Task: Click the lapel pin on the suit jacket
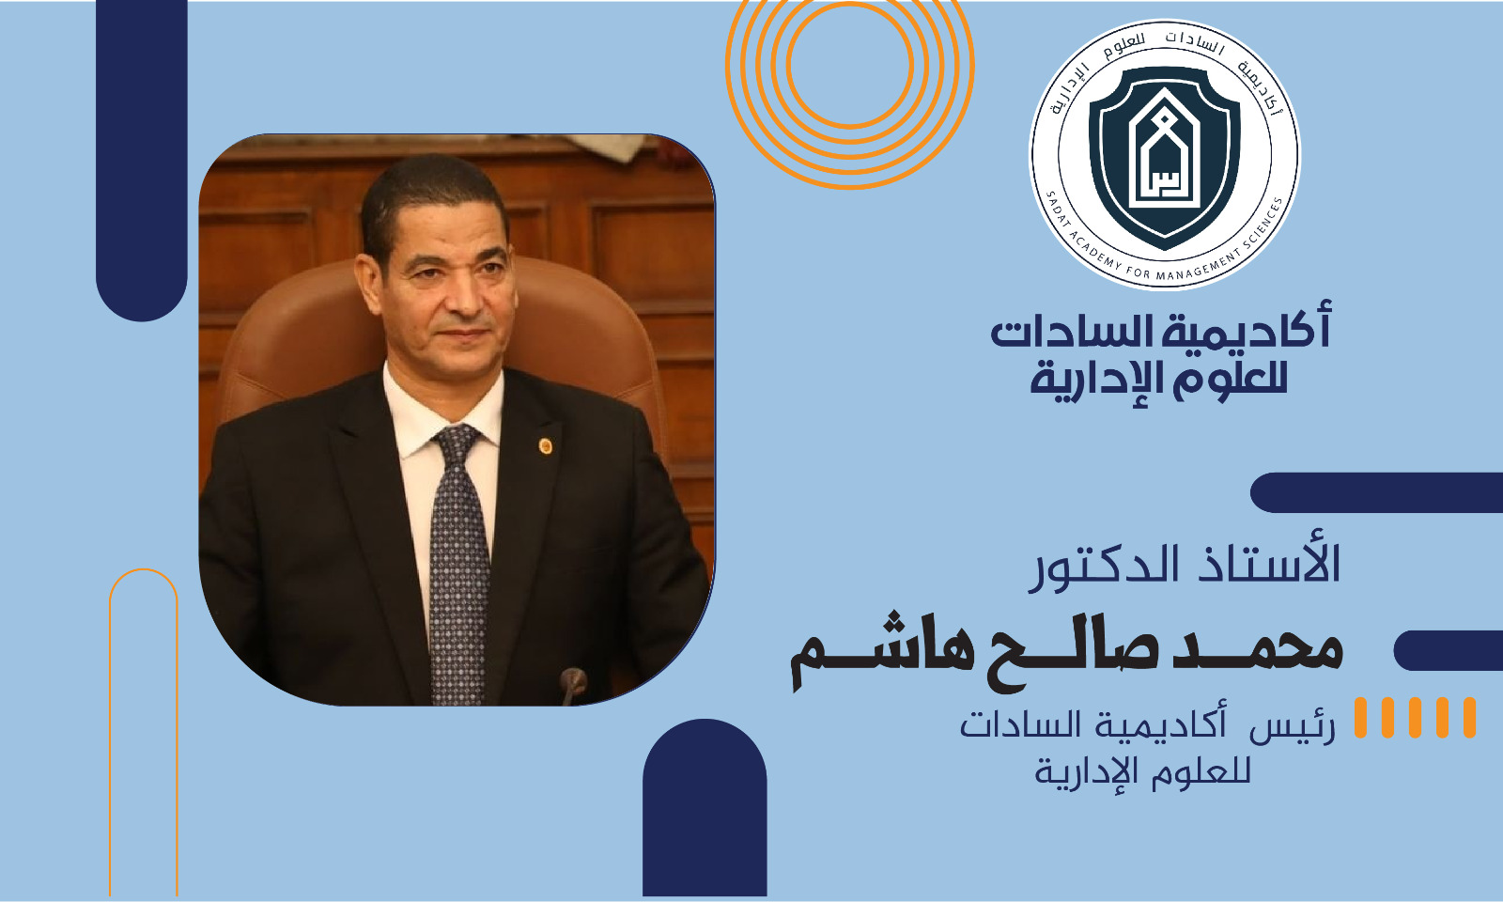546,445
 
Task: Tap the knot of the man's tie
457,443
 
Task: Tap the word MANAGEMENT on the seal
1201,267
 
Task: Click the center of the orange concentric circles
850,65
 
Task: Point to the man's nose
463,295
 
